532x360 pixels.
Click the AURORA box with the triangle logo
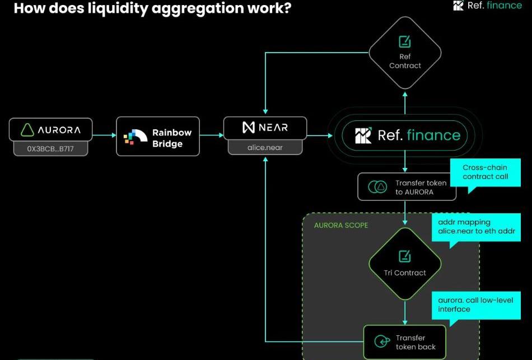50,129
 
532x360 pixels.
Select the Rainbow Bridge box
157,136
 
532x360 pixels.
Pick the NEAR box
265,128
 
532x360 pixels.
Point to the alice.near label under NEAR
265,147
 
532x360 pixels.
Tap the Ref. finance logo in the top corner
487,6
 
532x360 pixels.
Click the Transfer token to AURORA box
407,187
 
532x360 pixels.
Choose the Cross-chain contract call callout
485,172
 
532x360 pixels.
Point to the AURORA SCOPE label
340,225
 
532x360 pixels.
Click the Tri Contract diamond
405,264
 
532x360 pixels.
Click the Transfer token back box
404,342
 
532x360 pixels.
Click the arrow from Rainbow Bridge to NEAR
211,135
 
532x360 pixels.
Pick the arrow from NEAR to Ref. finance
319,135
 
